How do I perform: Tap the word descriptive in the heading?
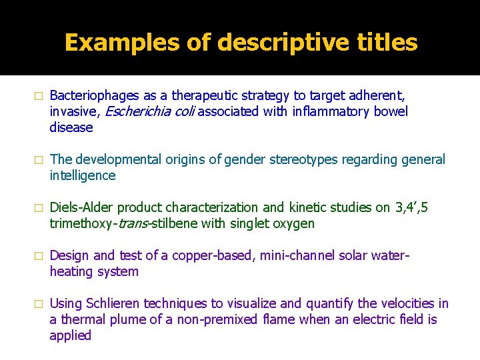point(266,43)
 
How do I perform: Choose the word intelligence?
point(83,175)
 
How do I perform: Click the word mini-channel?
point(297,255)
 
